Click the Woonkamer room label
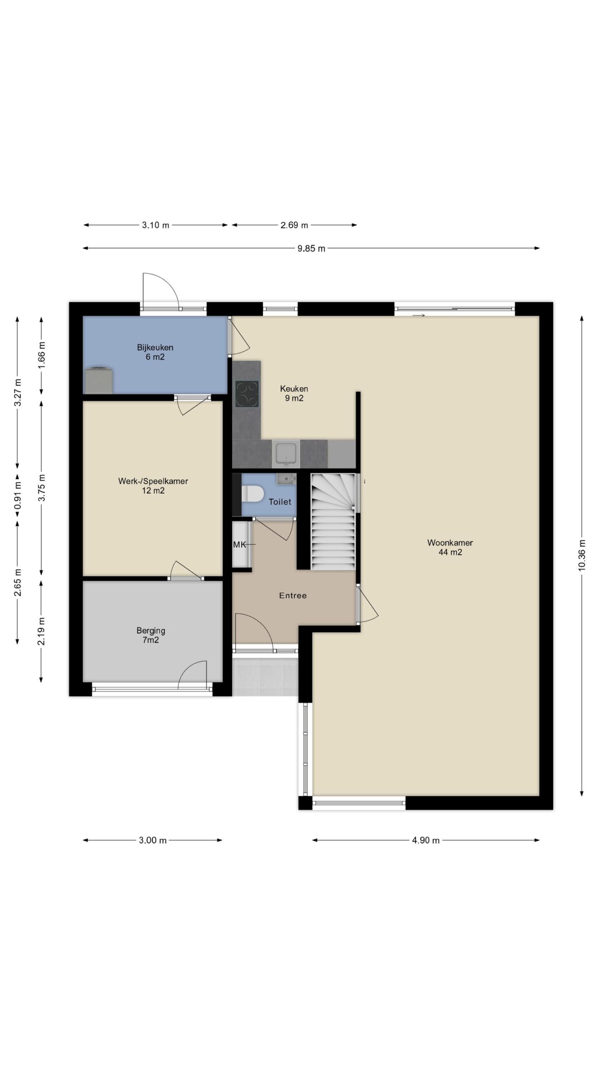(450, 547)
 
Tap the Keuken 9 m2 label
(294, 394)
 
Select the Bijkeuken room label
(155, 352)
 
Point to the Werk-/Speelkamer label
(153, 486)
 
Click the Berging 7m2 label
(151, 635)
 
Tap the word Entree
(293, 596)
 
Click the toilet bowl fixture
(252, 494)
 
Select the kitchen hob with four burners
(247, 394)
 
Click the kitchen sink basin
(285, 454)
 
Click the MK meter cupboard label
(240, 544)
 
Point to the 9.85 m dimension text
(312, 249)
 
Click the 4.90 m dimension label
(426, 840)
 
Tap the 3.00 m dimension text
(153, 840)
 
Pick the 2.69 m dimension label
(294, 225)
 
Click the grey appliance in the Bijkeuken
(99, 380)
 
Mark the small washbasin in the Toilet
(286, 479)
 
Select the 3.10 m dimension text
(156, 225)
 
